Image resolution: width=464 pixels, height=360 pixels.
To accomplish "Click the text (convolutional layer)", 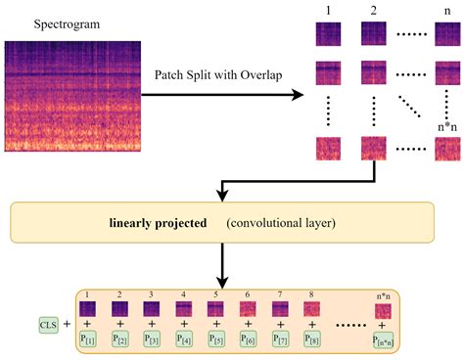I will (281, 223).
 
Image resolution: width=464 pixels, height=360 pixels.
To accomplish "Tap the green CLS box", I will (44, 321).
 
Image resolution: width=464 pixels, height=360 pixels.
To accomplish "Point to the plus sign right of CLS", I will (67, 321).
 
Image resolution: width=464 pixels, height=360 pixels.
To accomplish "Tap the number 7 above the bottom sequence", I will (280, 292).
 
